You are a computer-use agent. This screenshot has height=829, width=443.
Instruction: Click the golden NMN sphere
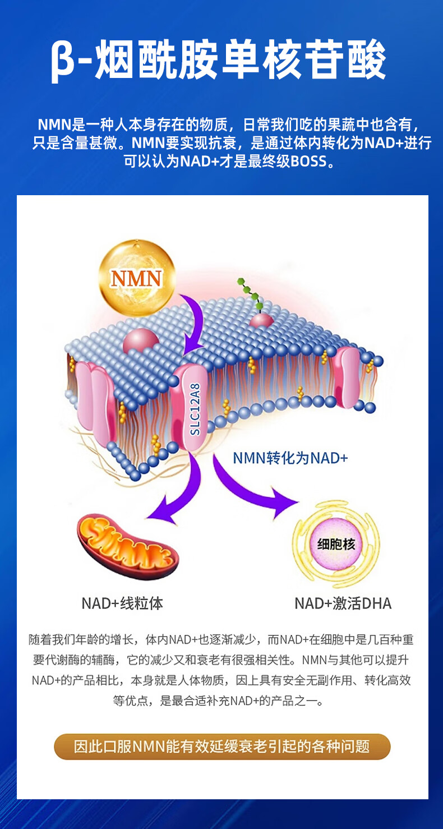[x=136, y=277]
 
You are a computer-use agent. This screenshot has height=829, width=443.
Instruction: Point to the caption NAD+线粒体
[x=122, y=604]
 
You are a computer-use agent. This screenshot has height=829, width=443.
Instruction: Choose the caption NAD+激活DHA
[x=343, y=604]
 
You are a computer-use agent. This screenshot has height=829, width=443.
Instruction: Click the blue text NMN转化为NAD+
[x=290, y=458]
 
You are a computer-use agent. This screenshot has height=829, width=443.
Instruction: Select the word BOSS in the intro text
[x=308, y=162]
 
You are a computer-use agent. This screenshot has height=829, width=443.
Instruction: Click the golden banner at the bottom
[x=222, y=747]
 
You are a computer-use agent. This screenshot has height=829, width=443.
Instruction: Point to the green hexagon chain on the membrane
[x=250, y=294]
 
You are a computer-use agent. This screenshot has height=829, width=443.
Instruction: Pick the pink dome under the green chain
[x=261, y=321]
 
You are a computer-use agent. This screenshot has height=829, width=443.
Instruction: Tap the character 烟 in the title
[x=118, y=61]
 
